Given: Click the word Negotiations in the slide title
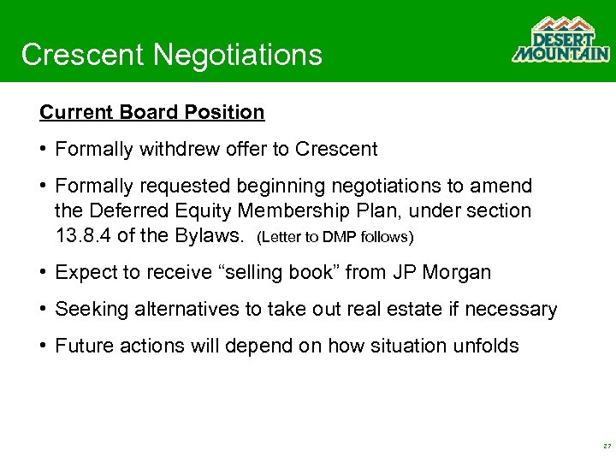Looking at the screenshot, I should point(238,55).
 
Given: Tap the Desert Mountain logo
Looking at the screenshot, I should point(560,40).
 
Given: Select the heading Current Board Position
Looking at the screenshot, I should point(152,112).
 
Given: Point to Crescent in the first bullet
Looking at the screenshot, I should point(336,149).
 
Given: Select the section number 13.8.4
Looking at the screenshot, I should point(84,234).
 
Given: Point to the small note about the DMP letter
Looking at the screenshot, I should point(335,236).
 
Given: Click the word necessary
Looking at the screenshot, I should point(512,309).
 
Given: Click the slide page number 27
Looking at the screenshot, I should point(606,447).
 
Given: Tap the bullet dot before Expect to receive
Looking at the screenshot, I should point(43,273).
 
